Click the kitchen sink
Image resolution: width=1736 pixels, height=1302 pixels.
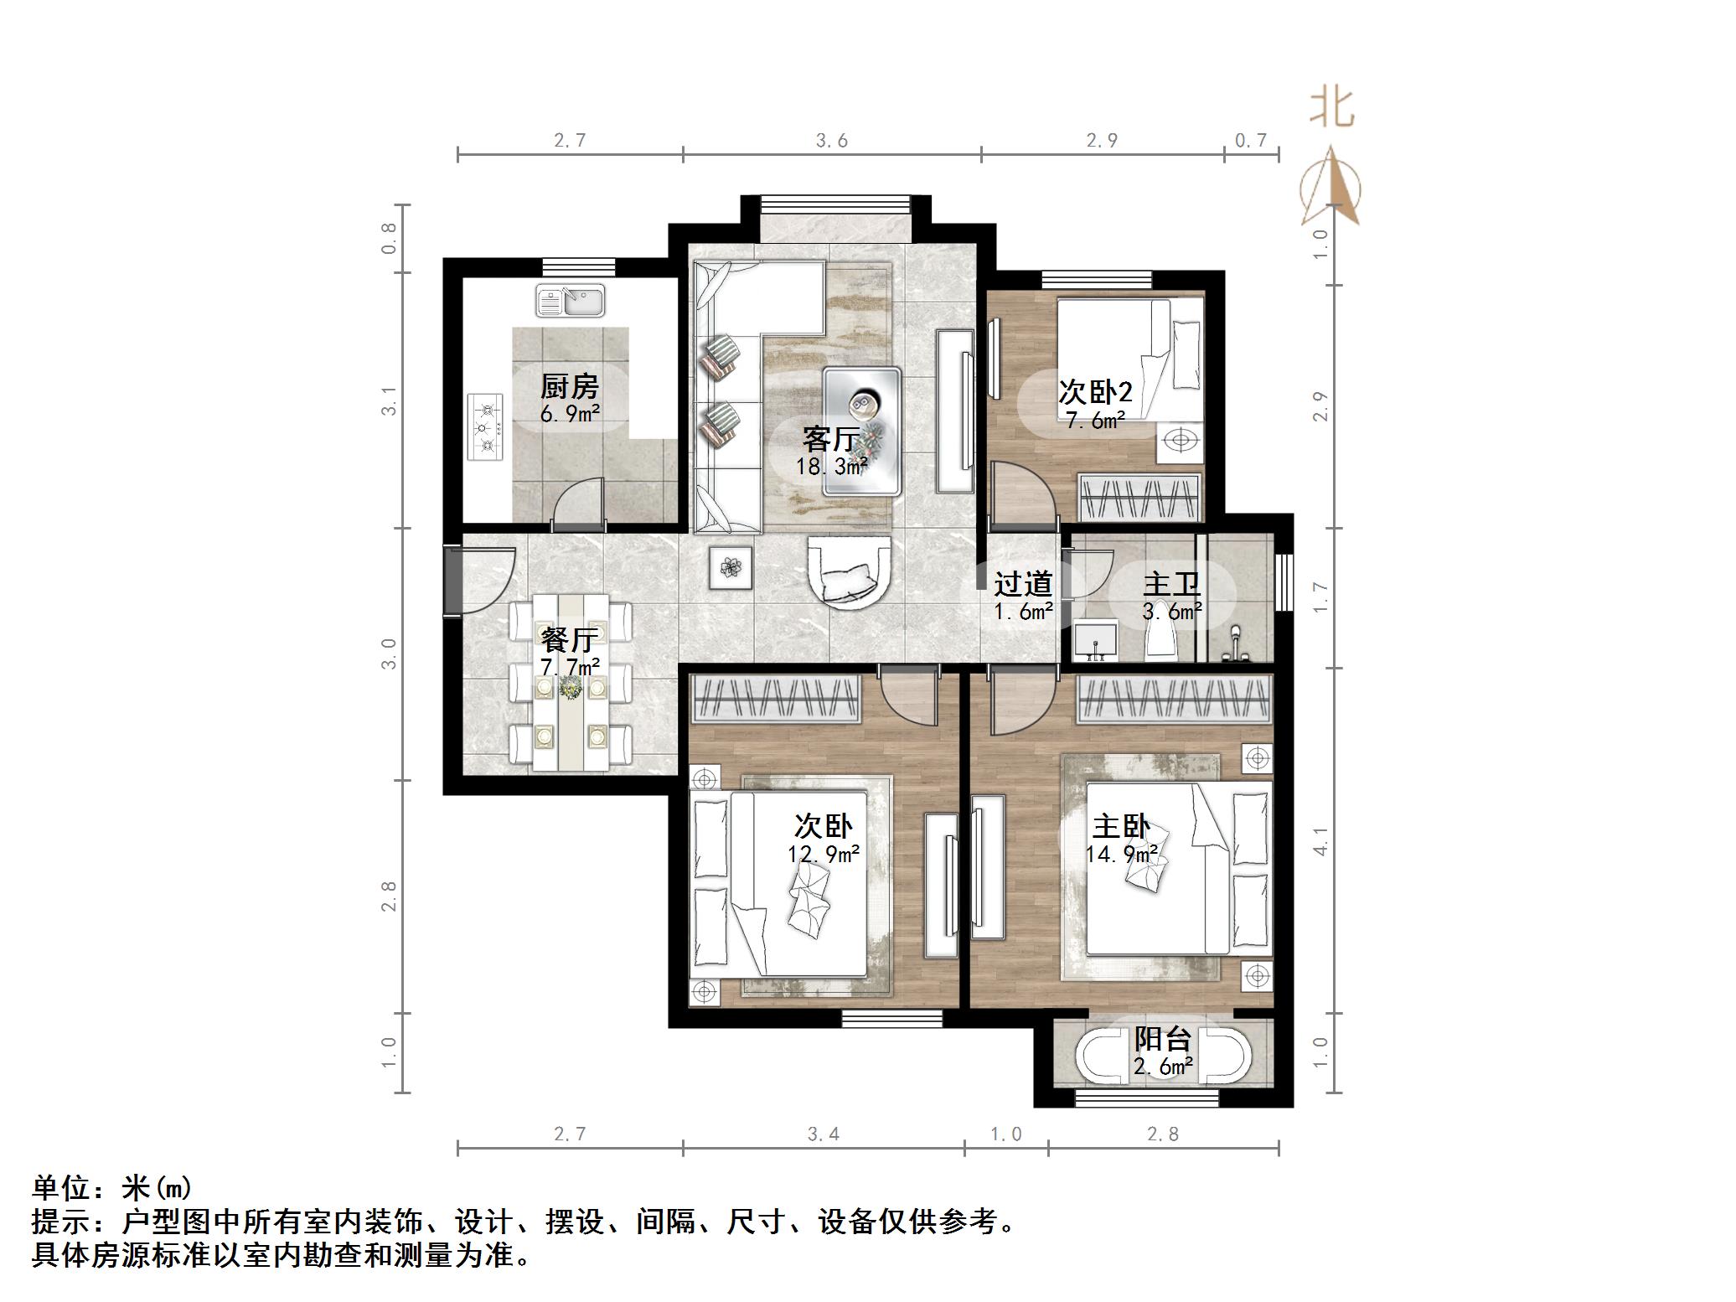pos(571,302)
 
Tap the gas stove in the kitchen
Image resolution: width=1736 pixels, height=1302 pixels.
pos(485,427)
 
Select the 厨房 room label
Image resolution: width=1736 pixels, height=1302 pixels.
pos(570,386)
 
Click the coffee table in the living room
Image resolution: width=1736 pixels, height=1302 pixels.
pos(862,431)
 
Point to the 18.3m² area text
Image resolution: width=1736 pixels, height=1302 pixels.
pos(831,466)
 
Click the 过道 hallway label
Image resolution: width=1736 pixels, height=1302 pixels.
pos(1022,584)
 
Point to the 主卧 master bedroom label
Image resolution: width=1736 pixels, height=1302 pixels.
pos(1120,827)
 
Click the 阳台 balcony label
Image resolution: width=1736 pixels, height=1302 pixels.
pos(1163,1040)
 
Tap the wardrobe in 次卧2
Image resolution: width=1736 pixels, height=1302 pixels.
pos(1139,497)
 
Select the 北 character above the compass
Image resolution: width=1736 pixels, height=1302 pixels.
pos(1332,108)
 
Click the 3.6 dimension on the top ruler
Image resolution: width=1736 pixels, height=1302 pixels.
pos(832,141)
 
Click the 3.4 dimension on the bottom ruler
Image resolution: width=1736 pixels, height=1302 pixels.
pos(824,1134)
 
